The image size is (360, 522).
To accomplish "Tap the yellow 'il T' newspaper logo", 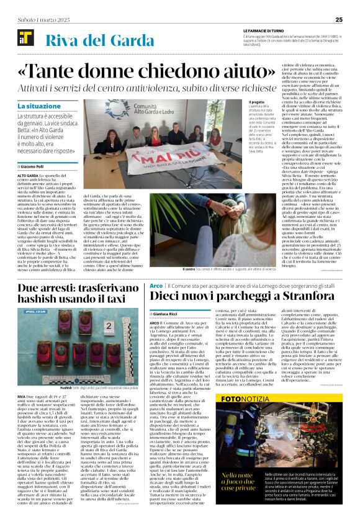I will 23,38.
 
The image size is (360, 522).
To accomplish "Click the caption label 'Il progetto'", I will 239,103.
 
